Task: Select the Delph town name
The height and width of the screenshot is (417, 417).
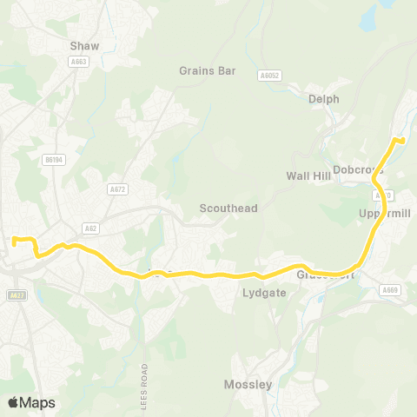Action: pos(323,99)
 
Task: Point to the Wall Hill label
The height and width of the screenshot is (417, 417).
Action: pos(309,175)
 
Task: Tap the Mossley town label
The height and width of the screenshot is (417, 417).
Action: pos(248,384)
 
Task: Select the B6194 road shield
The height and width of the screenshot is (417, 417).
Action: pos(54,160)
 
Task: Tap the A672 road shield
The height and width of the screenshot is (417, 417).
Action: pos(117,189)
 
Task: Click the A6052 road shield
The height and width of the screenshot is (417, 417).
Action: pos(270,76)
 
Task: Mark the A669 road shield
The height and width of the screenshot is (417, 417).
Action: pos(391,290)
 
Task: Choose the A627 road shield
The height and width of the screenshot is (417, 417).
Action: pos(15,295)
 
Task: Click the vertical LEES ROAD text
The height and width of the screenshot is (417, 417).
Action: pos(146,365)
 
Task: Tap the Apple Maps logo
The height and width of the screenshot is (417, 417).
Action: pos(30,402)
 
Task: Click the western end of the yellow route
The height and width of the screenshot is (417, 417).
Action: pos(14,237)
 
